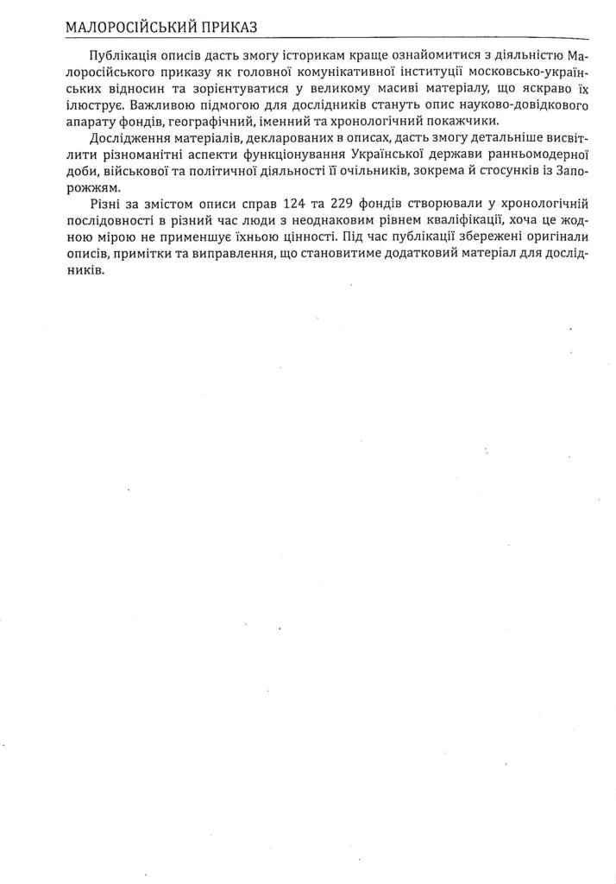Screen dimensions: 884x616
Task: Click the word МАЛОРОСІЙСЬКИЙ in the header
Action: click(129, 28)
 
